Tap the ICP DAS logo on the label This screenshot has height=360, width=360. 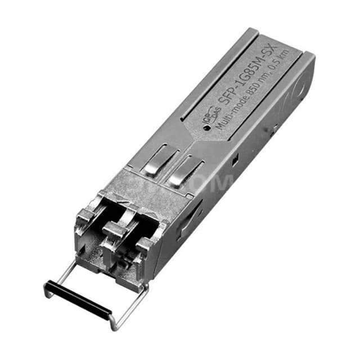pos(211,112)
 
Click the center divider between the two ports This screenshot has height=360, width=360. pos(116,236)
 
